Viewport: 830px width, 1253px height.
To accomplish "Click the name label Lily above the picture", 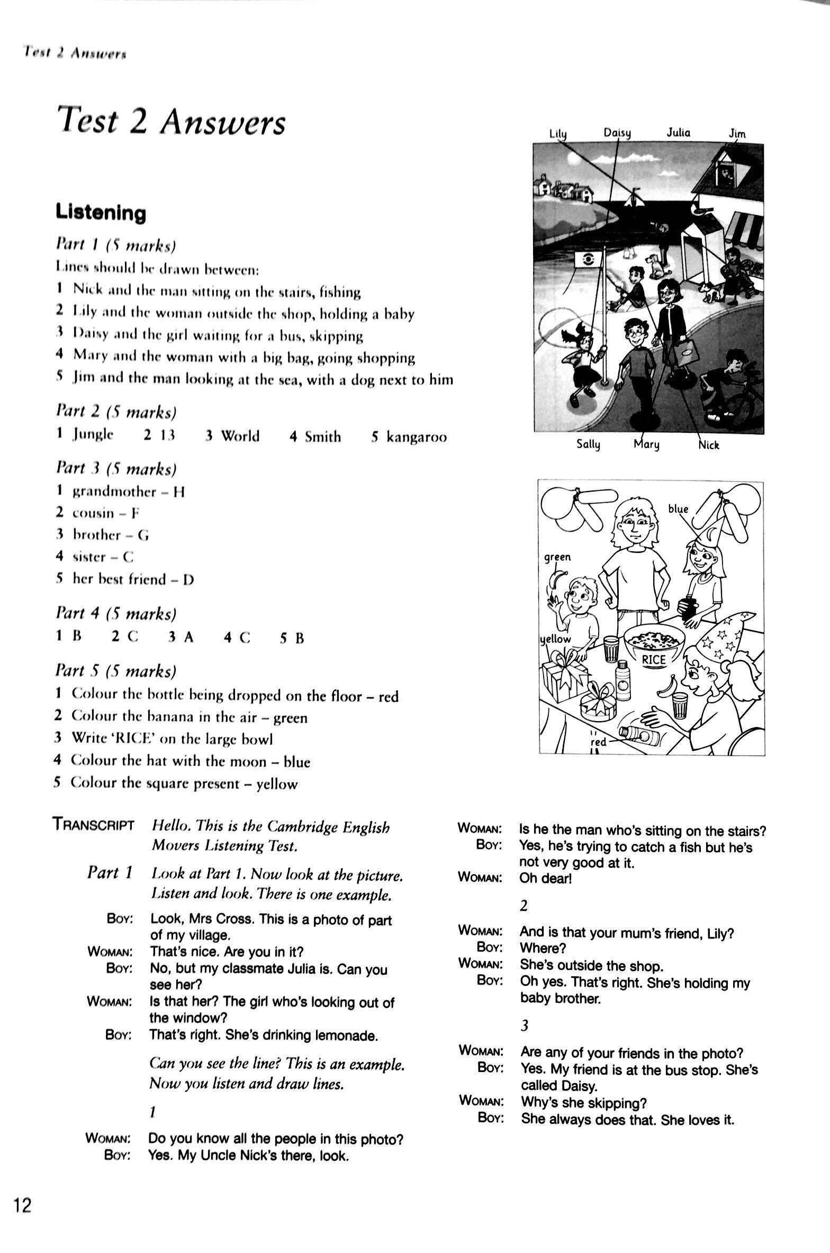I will pos(558,134).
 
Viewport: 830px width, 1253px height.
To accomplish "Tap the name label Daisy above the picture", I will pos(617,132).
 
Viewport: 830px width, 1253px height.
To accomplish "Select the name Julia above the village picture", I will pos(678,132).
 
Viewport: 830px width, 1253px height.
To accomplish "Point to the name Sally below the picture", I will pos(588,444).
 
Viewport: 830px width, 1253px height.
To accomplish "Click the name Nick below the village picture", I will pos(709,445).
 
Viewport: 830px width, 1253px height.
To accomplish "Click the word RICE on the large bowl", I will pos(654,659).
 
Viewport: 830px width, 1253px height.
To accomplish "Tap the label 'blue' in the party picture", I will pos(678,509).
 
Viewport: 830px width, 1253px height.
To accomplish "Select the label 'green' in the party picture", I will pos(558,557).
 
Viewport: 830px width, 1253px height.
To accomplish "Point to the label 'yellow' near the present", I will pos(556,639).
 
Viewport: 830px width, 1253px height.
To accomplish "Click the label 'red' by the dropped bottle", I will pos(599,742).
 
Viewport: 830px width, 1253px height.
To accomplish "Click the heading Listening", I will pos(101,213).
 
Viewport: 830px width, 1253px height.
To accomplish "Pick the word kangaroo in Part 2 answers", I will pos(416,437).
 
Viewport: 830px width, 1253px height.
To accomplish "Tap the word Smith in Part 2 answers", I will pos(323,437).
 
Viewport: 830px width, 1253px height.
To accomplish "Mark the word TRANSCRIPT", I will pos(93,824).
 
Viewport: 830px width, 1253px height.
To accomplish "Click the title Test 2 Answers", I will pos(172,122).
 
